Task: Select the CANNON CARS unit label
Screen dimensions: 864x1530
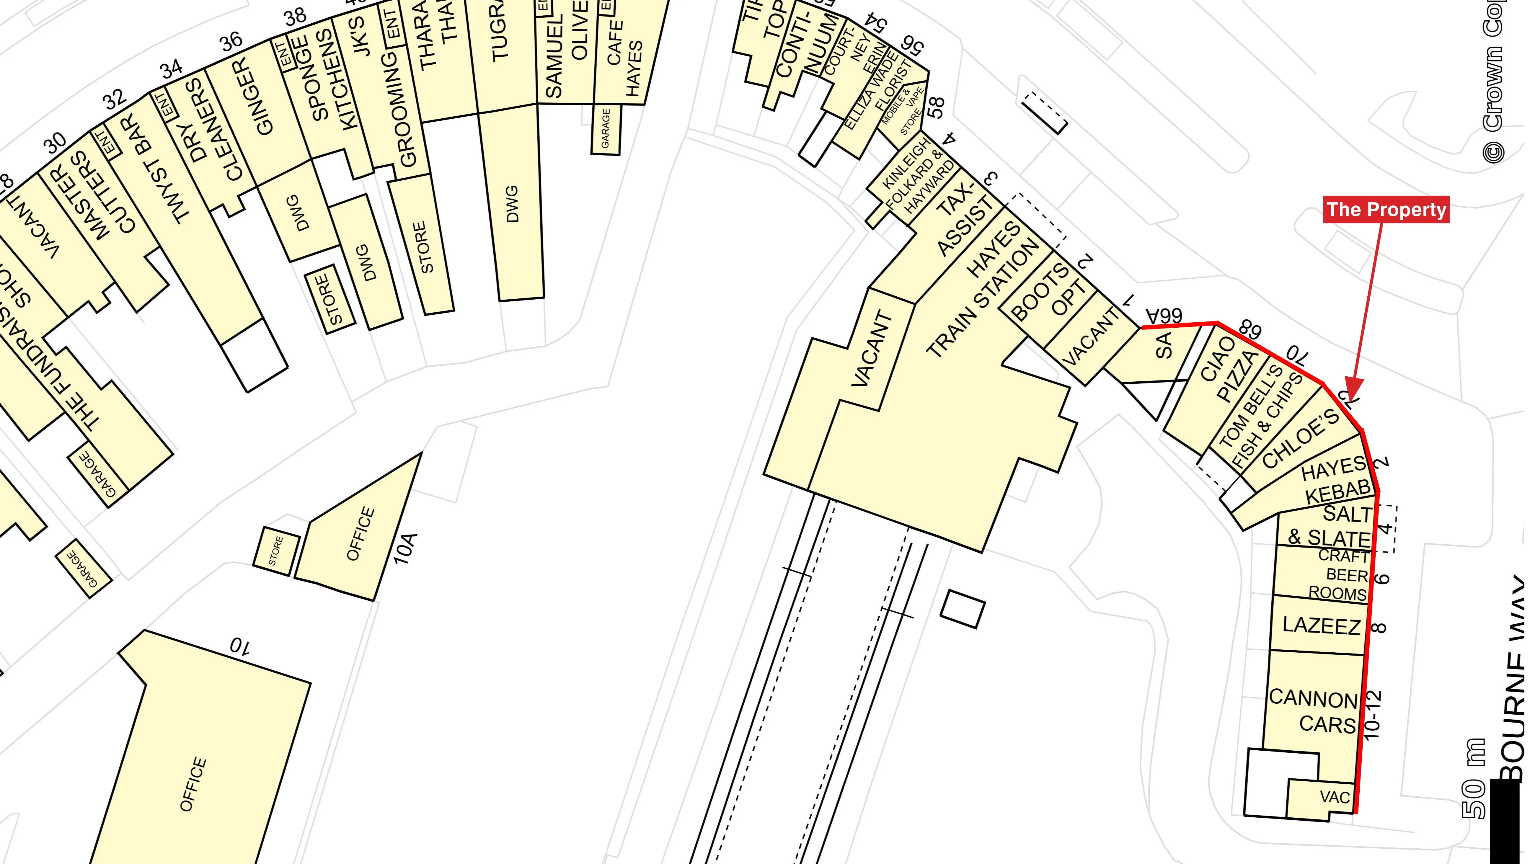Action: (x=1313, y=711)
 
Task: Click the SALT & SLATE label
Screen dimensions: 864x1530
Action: (x=1330, y=525)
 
